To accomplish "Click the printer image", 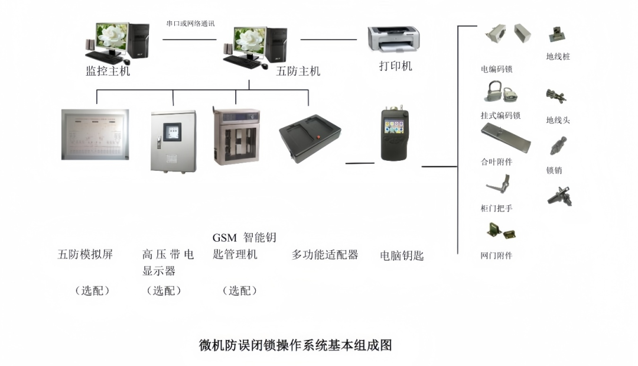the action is (x=394, y=38).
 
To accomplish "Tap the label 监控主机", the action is (x=108, y=71).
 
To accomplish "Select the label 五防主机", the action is (x=298, y=71).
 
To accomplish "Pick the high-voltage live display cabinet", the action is (x=173, y=141).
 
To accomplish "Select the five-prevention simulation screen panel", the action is (x=95, y=134).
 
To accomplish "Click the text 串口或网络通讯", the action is (x=190, y=23).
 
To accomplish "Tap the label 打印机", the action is (x=395, y=66).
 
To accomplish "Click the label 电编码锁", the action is (x=496, y=69).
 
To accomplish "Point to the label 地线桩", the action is (x=558, y=57).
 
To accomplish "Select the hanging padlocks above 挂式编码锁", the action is (x=501, y=92).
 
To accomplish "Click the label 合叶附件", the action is (x=496, y=161).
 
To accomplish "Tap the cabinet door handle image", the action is (x=499, y=184).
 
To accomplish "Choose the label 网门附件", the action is (x=496, y=255).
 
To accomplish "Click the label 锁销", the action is (x=554, y=170).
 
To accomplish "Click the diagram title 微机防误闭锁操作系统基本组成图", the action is (x=295, y=345).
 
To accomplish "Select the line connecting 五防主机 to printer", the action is (x=329, y=40).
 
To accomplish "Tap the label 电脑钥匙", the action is (x=402, y=255).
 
